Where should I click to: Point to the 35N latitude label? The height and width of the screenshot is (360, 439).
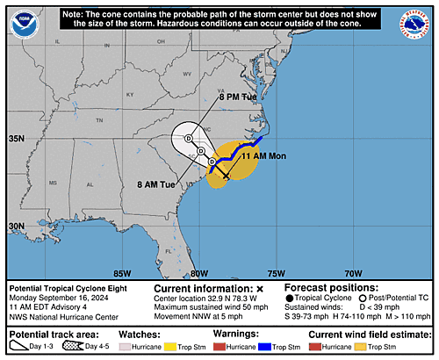17,139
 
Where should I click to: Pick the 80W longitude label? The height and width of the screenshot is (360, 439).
199,272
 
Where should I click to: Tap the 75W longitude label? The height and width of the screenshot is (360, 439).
277,272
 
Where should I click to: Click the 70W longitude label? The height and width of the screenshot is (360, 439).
353,272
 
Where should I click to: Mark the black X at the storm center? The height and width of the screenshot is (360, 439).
226,176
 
